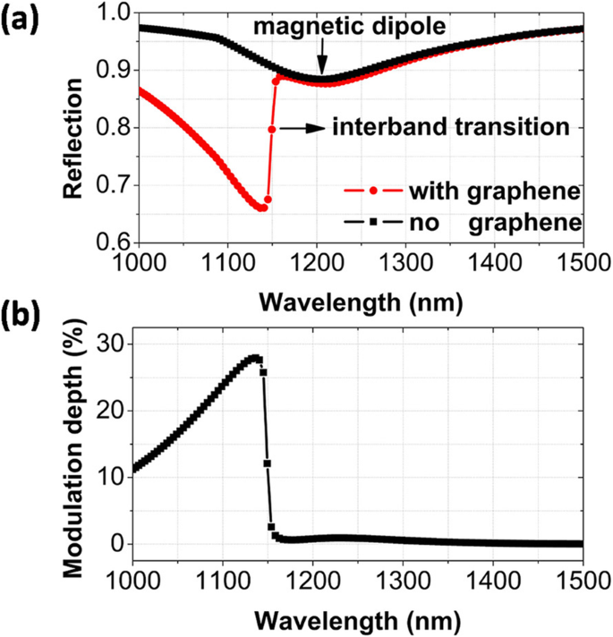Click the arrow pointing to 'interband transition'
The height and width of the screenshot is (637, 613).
pyautogui.click(x=302, y=129)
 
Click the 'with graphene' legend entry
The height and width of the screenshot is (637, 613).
pyautogui.click(x=487, y=192)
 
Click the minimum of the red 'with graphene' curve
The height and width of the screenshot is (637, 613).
pyautogui.click(x=261, y=208)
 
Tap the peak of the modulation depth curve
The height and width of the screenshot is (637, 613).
pyautogui.click(x=255, y=358)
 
